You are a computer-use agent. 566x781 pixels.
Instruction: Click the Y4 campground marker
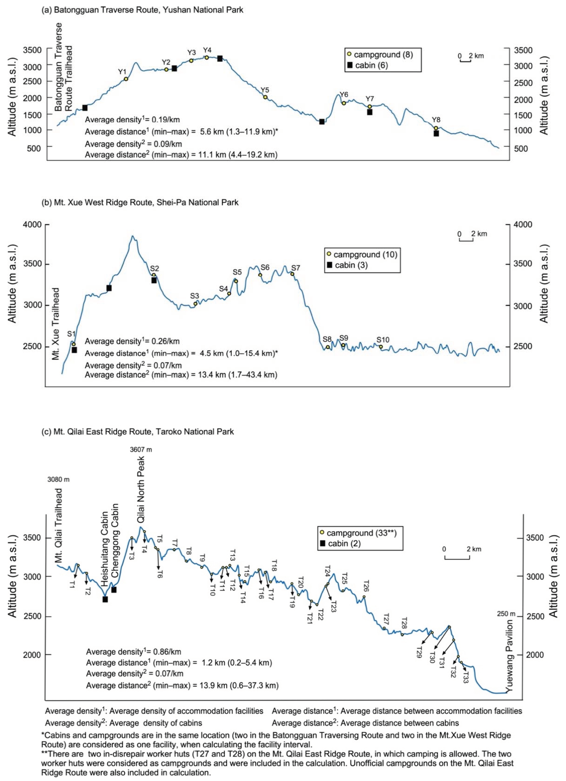(206, 58)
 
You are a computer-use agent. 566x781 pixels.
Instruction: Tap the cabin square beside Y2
(174, 69)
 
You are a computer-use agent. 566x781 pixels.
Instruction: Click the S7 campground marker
(292, 274)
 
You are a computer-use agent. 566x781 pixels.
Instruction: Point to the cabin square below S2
(154, 280)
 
